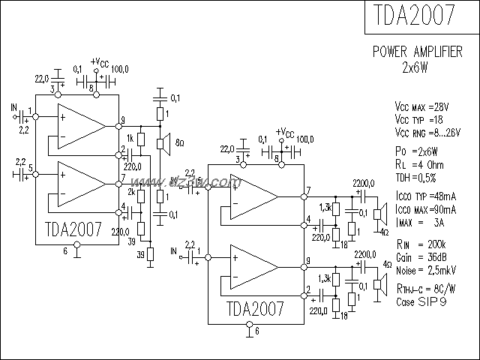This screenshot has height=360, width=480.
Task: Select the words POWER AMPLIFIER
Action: coord(418,52)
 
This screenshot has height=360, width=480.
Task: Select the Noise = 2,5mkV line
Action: coord(427,267)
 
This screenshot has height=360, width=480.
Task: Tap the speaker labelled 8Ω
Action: coord(159,143)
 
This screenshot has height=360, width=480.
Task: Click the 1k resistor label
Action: coord(130,139)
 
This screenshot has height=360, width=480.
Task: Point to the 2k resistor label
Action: coord(130,192)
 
